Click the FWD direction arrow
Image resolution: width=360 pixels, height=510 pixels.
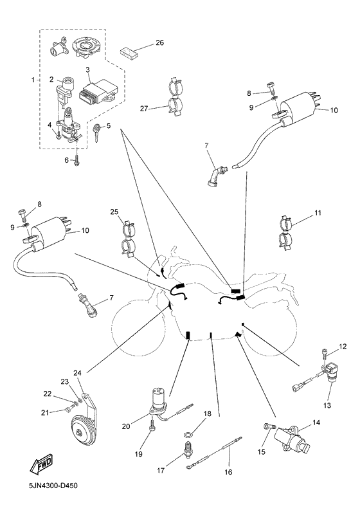point(41,463)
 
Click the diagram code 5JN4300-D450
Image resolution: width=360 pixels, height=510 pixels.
point(53,486)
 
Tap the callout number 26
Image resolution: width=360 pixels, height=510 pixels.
point(159,42)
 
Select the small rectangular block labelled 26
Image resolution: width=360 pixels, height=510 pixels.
point(129,53)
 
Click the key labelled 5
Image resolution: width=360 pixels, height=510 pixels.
point(97,132)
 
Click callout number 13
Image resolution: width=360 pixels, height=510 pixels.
point(327,405)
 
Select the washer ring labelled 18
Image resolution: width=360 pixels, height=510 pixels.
point(187,434)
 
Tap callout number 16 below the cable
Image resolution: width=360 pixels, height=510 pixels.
point(228,472)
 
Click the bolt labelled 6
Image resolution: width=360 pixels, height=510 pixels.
point(76,159)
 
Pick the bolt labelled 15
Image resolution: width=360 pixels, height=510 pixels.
point(269,426)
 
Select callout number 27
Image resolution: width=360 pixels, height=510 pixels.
point(144,109)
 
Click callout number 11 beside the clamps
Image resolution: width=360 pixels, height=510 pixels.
point(318,213)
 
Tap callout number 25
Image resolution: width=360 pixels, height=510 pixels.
point(114,212)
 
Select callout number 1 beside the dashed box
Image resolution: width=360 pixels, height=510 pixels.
point(33,80)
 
